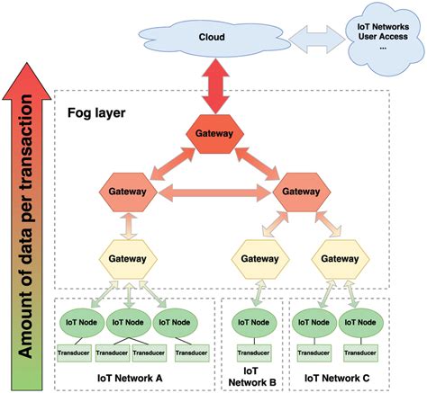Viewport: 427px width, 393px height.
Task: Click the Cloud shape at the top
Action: pyautogui.click(x=213, y=38)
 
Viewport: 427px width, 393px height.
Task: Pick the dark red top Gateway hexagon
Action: pyautogui.click(x=214, y=133)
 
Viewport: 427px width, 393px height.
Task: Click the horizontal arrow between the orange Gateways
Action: pyautogui.click(x=213, y=192)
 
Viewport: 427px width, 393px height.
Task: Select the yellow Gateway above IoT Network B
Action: pyautogui.click(x=255, y=259)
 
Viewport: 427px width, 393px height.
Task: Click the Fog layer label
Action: pyautogui.click(x=96, y=114)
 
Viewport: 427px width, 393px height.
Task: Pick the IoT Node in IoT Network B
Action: pyautogui.click(x=255, y=320)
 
